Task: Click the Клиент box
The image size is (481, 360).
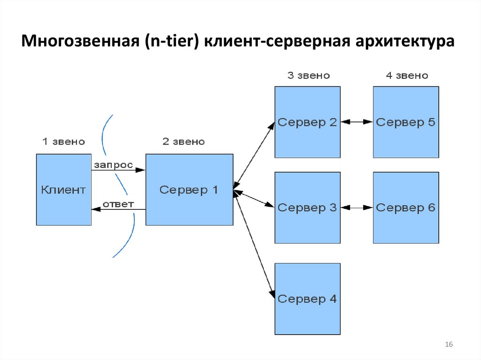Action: tap(63, 190)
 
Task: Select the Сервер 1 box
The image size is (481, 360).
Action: tap(189, 190)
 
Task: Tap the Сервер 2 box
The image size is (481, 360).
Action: tap(307, 122)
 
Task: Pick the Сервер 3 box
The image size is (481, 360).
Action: tap(307, 207)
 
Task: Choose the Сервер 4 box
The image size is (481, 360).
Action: tap(307, 299)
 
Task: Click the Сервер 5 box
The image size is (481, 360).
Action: tap(406, 122)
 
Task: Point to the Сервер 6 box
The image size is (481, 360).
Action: tap(406, 207)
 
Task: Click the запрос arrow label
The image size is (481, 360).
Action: tap(113, 165)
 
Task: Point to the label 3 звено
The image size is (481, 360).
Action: tap(308, 76)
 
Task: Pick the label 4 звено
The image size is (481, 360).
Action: tap(407, 76)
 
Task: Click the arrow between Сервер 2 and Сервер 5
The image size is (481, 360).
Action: tap(357, 122)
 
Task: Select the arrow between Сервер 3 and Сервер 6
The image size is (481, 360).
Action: tap(357, 207)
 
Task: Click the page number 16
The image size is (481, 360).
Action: tap(449, 345)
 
